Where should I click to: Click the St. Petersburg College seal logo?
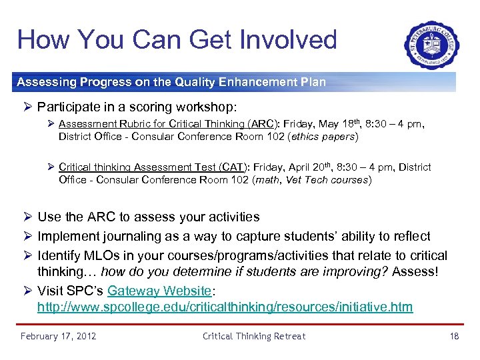point(431,45)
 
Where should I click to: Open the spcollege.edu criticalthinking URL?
point(225,307)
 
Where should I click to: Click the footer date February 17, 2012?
point(58,336)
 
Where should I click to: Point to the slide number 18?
point(454,336)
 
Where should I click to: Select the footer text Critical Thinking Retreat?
point(254,336)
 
